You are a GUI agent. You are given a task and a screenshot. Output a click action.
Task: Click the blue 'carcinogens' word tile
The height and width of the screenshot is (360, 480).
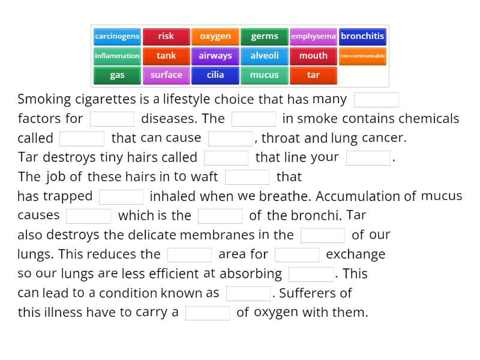[x=117, y=37]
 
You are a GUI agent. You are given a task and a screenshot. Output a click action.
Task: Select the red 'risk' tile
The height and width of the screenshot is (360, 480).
[x=166, y=37]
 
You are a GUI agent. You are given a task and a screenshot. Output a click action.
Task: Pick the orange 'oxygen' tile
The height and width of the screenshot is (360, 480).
[x=215, y=37]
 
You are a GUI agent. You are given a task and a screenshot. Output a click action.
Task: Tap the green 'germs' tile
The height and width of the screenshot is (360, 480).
[x=265, y=37]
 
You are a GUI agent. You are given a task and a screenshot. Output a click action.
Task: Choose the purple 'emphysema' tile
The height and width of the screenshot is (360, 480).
[x=313, y=37]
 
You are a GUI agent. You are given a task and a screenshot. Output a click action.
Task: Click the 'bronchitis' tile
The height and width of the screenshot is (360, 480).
[x=362, y=37]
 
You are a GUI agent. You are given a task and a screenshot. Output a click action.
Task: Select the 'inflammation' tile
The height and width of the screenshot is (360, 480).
[x=117, y=56]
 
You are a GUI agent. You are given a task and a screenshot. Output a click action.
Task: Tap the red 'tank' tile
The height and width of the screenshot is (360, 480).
[x=166, y=56]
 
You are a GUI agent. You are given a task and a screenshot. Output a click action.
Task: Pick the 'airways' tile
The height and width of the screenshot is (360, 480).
[x=215, y=56]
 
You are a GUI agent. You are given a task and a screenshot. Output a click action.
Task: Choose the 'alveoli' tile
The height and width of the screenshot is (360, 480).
[x=265, y=56]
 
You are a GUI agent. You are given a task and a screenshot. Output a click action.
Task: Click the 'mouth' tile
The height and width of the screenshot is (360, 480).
[x=313, y=56]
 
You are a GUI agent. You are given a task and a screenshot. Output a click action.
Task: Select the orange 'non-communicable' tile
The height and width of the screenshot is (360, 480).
[x=362, y=56]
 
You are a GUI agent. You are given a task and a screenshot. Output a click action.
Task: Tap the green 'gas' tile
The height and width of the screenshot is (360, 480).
[x=117, y=76]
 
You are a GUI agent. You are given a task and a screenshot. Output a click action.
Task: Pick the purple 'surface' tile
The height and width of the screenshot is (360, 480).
[x=166, y=76]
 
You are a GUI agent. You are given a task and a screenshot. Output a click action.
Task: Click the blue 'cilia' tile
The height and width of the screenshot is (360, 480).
[x=215, y=76]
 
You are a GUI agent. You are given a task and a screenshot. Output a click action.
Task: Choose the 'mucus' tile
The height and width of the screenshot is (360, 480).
[x=265, y=76]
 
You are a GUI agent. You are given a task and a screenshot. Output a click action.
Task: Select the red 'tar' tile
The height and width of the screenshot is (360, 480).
[x=313, y=76]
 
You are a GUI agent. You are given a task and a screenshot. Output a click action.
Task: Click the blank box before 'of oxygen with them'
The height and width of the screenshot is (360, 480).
[x=208, y=313]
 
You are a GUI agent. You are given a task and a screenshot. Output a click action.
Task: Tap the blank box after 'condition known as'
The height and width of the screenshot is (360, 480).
[x=248, y=293]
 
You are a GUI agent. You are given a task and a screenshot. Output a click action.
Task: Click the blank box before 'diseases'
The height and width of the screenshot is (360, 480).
[x=112, y=119]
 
